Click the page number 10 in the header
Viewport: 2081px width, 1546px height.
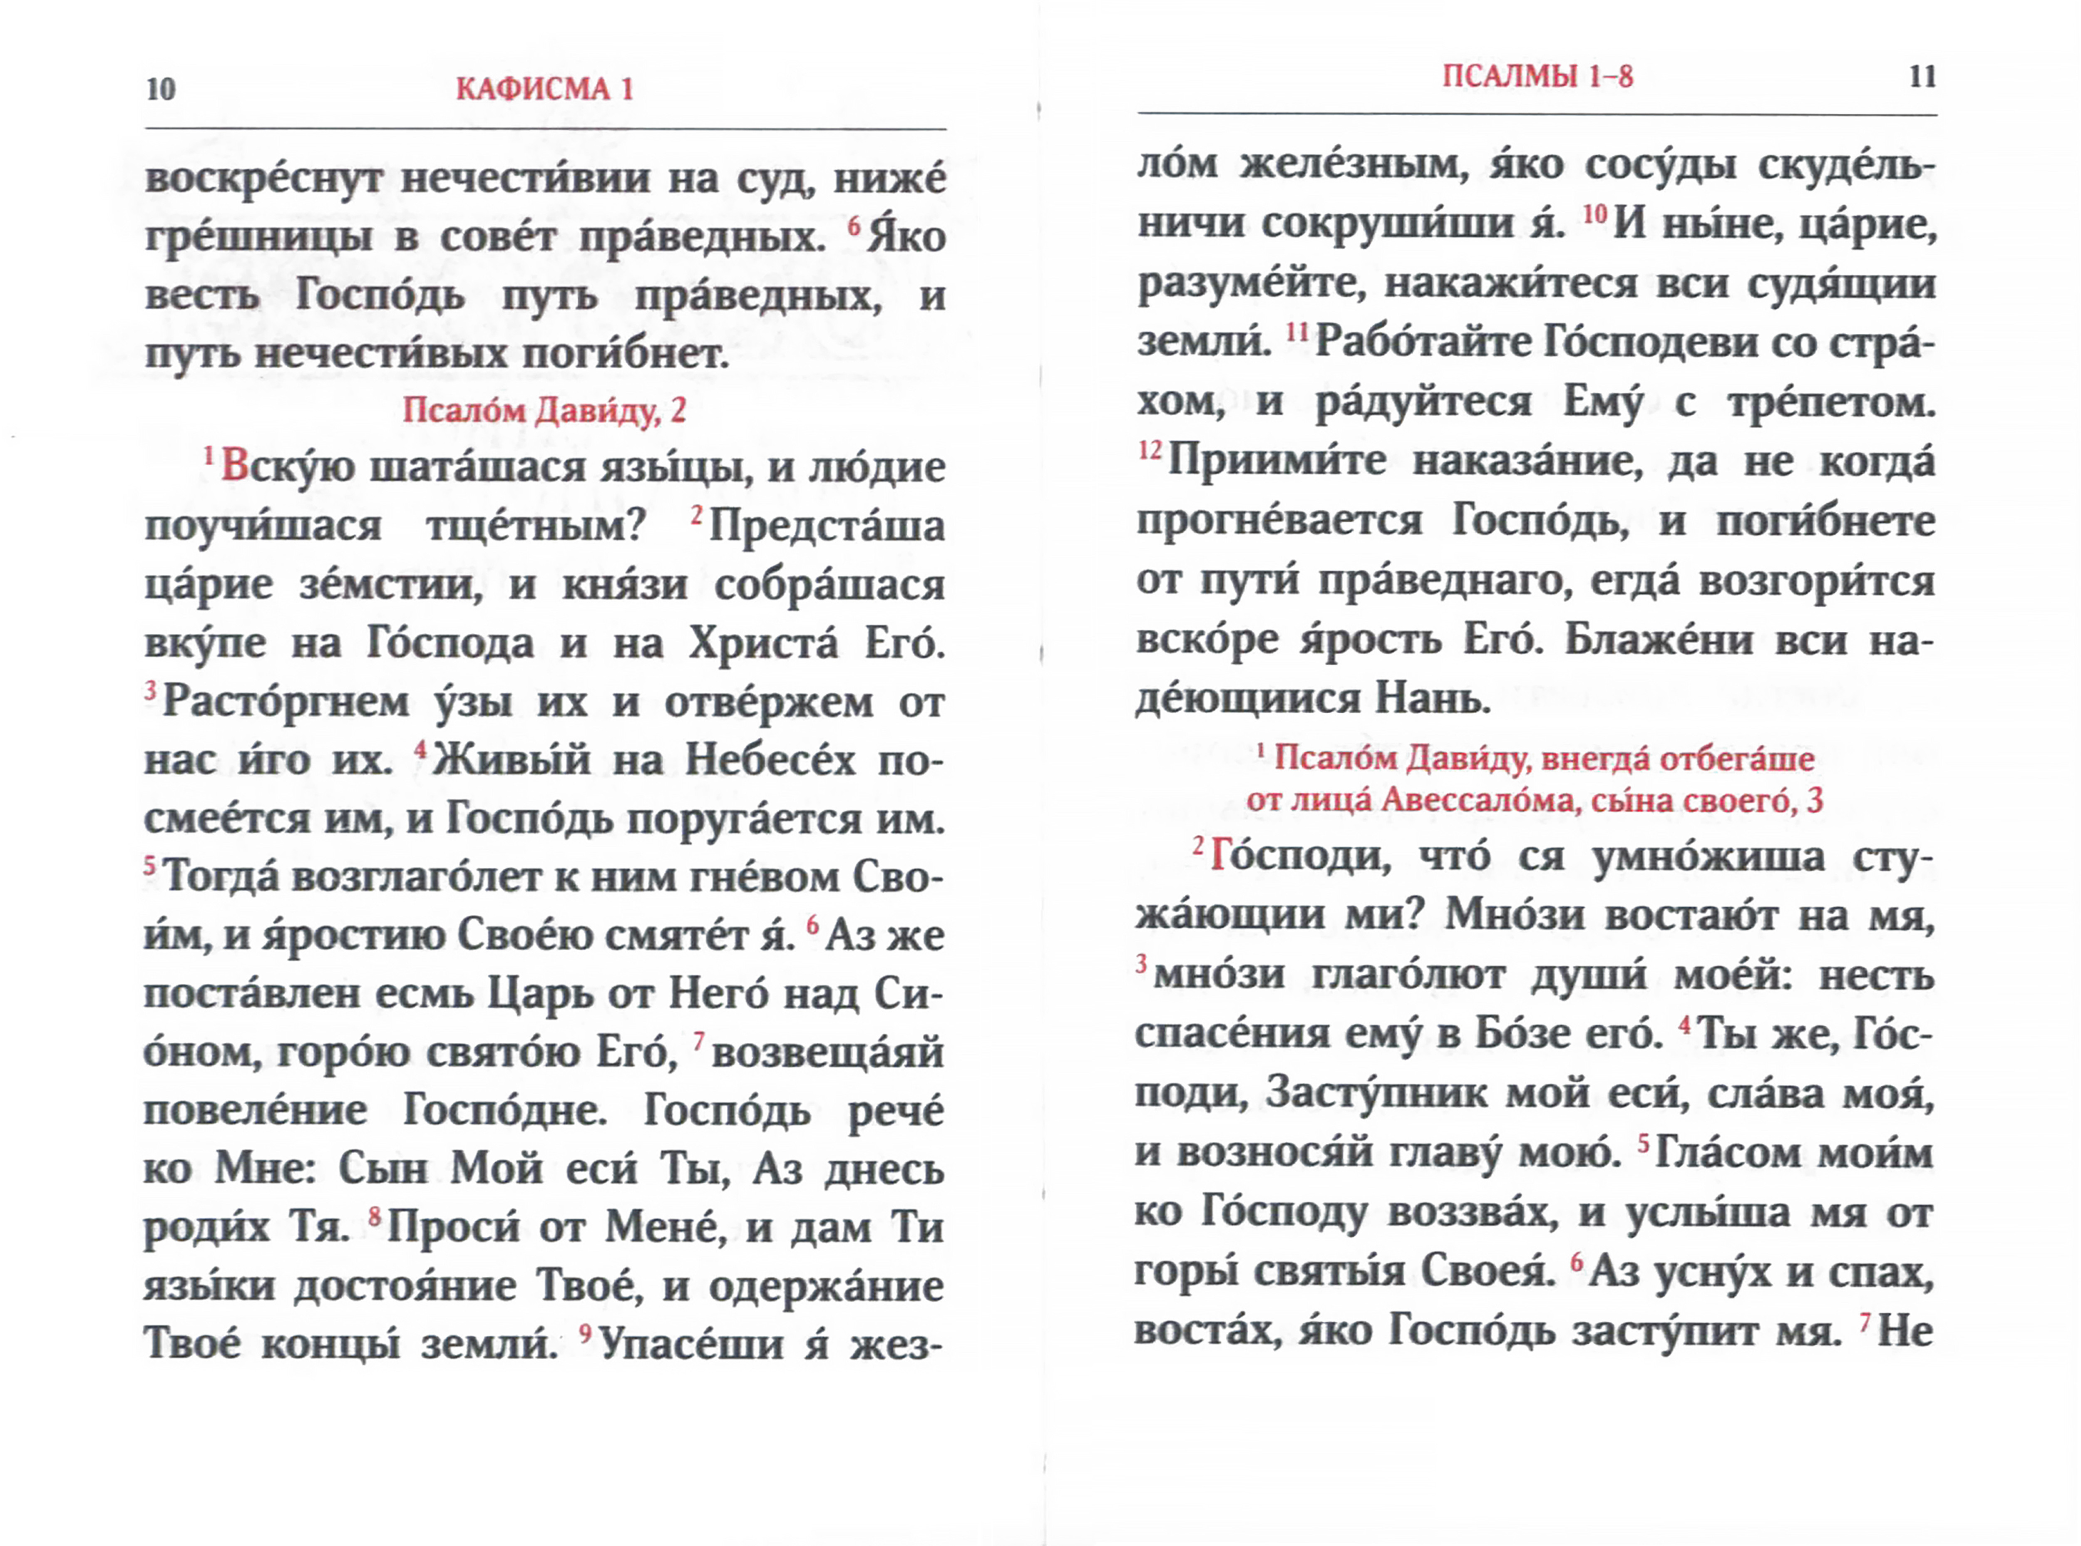point(161,89)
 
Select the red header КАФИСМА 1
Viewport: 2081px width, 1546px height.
point(544,89)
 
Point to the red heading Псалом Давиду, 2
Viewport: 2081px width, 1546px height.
point(544,410)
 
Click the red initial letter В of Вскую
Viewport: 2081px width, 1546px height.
point(235,467)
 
